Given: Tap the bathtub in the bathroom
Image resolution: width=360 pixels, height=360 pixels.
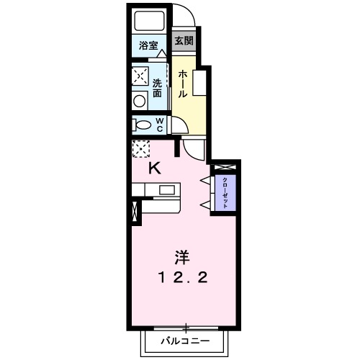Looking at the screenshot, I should [x=150, y=22].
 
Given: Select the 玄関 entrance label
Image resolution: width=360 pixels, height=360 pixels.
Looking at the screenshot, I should [x=184, y=40].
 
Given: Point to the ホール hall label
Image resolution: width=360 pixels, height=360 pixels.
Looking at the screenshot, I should [x=184, y=84].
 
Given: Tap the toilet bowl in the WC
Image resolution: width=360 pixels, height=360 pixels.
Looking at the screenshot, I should [x=140, y=125].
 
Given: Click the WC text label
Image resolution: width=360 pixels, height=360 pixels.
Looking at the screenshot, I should [x=160, y=125].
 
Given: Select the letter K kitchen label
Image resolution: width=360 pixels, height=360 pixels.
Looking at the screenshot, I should [x=154, y=169].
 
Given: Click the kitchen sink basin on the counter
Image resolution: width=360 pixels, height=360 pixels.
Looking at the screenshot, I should [x=167, y=191].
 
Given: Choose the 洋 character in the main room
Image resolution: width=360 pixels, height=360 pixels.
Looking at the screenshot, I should [x=182, y=256].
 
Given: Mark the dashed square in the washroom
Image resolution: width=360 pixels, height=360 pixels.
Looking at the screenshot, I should [x=140, y=76].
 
